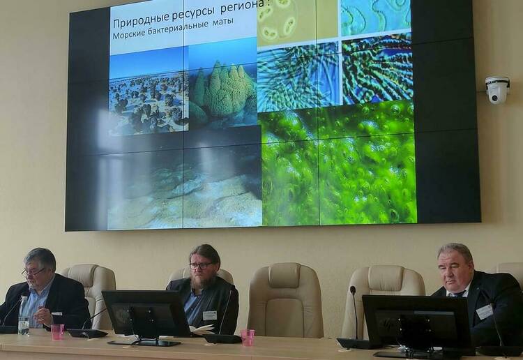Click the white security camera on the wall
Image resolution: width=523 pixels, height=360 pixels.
pyautogui.click(x=497, y=89)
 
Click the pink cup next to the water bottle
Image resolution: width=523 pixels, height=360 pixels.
pyautogui.click(x=57, y=331)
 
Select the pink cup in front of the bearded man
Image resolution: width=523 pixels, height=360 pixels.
pyautogui.click(x=248, y=337)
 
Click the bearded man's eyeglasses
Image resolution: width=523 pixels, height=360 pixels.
pyautogui.click(x=201, y=266)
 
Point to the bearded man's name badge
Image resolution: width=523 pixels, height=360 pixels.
pyautogui.click(x=209, y=315)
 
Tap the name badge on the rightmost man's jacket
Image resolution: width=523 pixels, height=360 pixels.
pyautogui.click(x=485, y=311)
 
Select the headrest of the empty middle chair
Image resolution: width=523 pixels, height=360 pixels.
pyautogui.click(x=285, y=275)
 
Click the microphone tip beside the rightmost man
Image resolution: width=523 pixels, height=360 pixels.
pyautogui.click(x=353, y=290)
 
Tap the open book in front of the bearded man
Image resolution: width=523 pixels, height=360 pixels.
pyautogui.click(x=202, y=329)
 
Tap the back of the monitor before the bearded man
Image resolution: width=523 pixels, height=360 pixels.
pyautogui.click(x=146, y=314)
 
